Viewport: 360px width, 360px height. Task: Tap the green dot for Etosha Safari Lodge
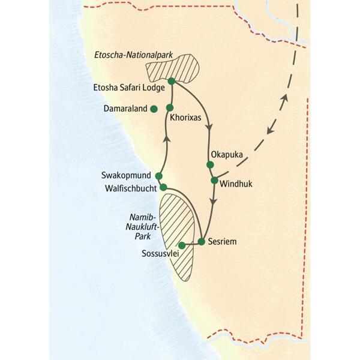coord(171,81)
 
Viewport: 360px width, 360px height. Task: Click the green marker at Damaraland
coord(154,109)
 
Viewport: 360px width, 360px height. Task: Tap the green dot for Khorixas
coord(170,108)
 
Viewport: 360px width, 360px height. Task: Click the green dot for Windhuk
coord(214,180)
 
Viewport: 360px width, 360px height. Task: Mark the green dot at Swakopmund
coord(159,176)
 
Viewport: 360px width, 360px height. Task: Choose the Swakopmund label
coord(128,176)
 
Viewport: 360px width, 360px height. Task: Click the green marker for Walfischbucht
coord(163,187)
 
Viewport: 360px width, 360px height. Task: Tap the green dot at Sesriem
coord(202,242)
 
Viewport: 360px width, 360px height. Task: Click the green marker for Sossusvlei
coord(182,245)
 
